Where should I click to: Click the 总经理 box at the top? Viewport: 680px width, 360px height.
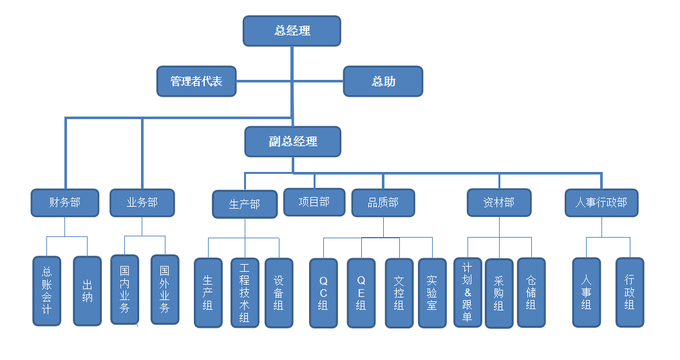pos(292,31)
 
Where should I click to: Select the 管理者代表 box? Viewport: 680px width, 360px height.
pos(196,82)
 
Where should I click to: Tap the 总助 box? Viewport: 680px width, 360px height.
pos(383,82)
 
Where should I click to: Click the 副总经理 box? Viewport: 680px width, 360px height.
pos(293,141)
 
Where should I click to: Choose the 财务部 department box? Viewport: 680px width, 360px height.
pos(65,203)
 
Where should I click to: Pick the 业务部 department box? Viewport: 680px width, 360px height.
pos(142,203)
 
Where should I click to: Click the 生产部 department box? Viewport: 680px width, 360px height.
pos(245,204)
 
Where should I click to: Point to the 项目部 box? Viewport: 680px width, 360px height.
pos(314,202)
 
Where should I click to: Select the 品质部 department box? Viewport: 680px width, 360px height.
pos(383,203)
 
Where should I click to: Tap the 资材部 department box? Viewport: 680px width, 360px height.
pos(499,203)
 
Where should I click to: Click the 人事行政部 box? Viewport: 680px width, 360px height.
pos(601,203)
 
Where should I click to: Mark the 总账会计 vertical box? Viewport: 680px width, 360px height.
pos(47,291)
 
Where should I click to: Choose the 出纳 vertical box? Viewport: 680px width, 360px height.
pos(88,291)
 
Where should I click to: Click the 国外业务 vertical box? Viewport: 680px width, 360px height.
pos(165,289)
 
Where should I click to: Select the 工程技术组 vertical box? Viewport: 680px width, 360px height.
pos(245,293)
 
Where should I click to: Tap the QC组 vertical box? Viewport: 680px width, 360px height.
pos(323,293)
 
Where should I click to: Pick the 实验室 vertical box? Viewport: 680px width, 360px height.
pos(432,293)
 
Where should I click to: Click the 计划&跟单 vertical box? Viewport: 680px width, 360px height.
pos(467,292)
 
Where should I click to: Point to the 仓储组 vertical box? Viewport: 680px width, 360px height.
pos(531,292)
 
